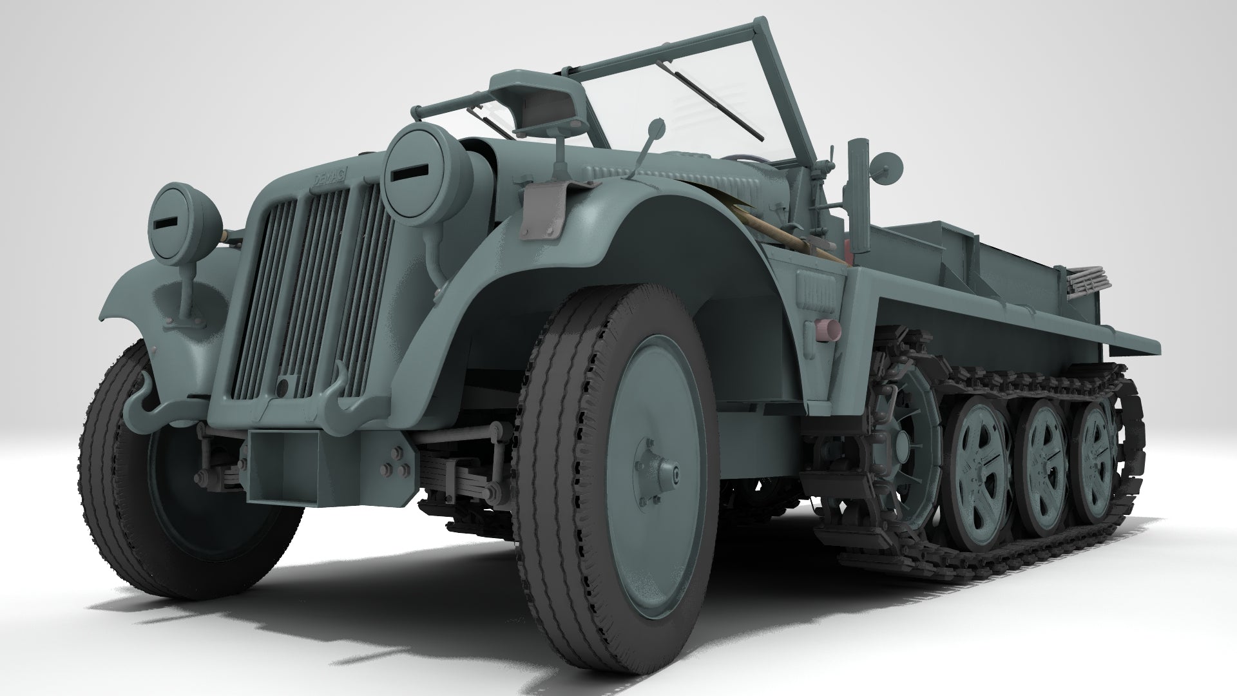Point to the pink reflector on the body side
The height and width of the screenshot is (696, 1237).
pyautogui.click(x=828, y=329)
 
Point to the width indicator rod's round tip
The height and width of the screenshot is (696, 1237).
pyautogui.click(x=657, y=124)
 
